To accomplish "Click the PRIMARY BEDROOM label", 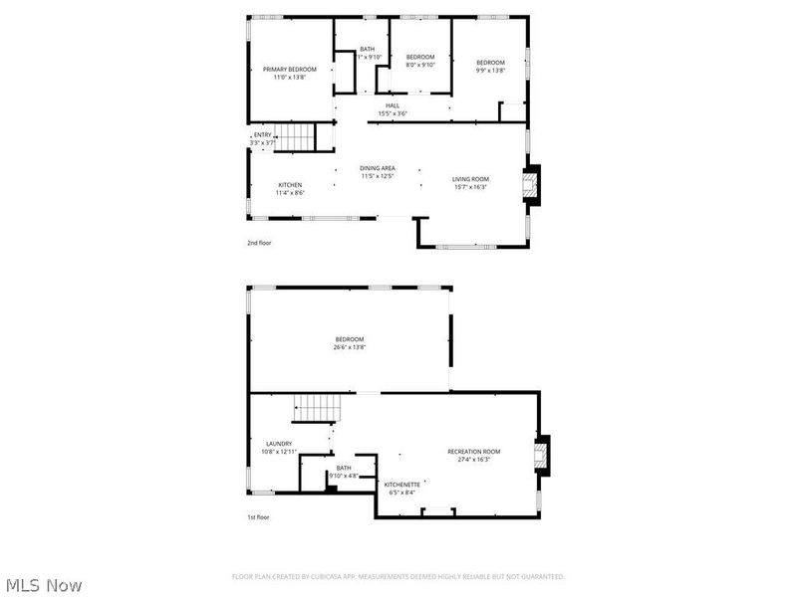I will (x=289, y=69).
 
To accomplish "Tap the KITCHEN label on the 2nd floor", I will (x=290, y=185).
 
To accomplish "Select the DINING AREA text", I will (x=378, y=168).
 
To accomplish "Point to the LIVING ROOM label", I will (x=470, y=179).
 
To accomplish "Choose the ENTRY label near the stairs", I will (x=262, y=135).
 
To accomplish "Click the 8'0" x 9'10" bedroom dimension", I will (x=420, y=66).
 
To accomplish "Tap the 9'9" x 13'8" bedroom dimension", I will (x=489, y=70).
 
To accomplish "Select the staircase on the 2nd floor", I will (x=294, y=137).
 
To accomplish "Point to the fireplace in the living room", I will (x=532, y=185).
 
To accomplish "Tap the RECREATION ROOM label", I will (x=473, y=451).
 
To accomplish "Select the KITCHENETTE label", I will (x=401, y=484).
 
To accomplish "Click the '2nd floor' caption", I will (x=259, y=242).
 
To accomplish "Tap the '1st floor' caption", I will (x=258, y=517).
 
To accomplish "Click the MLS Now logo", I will (x=44, y=585).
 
